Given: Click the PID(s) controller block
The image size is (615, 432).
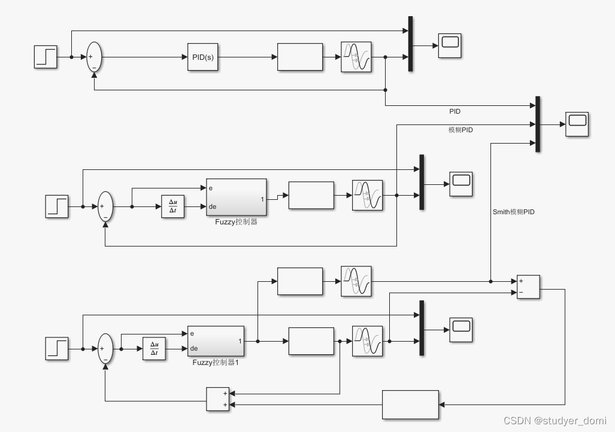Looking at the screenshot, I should pyautogui.click(x=202, y=57).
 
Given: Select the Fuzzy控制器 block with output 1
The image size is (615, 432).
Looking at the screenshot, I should pyautogui.click(x=237, y=197).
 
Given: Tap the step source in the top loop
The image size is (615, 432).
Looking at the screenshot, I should pyautogui.click(x=46, y=57).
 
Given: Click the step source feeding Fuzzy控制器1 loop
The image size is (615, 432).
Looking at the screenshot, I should pyautogui.click(x=57, y=349).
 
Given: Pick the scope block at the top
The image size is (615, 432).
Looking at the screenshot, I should pyautogui.click(x=450, y=45).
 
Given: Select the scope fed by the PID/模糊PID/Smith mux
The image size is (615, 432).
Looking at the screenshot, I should pyautogui.click(x=577, y=124).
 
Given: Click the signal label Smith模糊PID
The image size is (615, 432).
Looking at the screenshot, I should pyautogui.click(x=513, y=212).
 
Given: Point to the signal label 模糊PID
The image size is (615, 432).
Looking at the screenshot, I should pyautogui.click(x=461, y=130).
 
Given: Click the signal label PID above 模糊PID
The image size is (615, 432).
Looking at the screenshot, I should pyautogui.click(x=455, y=111).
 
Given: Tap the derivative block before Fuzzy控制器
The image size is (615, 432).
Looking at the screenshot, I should pyautogui.click(x=173, y=206).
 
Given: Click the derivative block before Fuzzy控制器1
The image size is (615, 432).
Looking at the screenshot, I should pyautogui.click(x=154, y=349).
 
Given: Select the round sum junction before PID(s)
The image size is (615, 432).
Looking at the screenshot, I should pyautogui.click(x=94, y=57).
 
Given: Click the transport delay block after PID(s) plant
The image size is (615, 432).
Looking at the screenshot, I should pyautogui.click(x=356, y=57).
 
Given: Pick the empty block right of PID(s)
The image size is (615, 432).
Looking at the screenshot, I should pyautogui.click(x=300, y=57).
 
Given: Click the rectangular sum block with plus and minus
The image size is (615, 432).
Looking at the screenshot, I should pyautogui.click(x=528, y=287).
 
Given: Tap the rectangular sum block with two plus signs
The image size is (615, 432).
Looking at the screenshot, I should pyautogui.click(x=218, y=399).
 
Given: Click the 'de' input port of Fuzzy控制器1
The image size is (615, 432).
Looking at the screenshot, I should pyautogui.click(x=194, y=349).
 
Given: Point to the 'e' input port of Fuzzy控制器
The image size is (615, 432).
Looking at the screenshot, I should pyautogui.click(x=211, y=188).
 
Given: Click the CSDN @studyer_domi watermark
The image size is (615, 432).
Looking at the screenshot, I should pyautogui.click(x=555, y=420).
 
